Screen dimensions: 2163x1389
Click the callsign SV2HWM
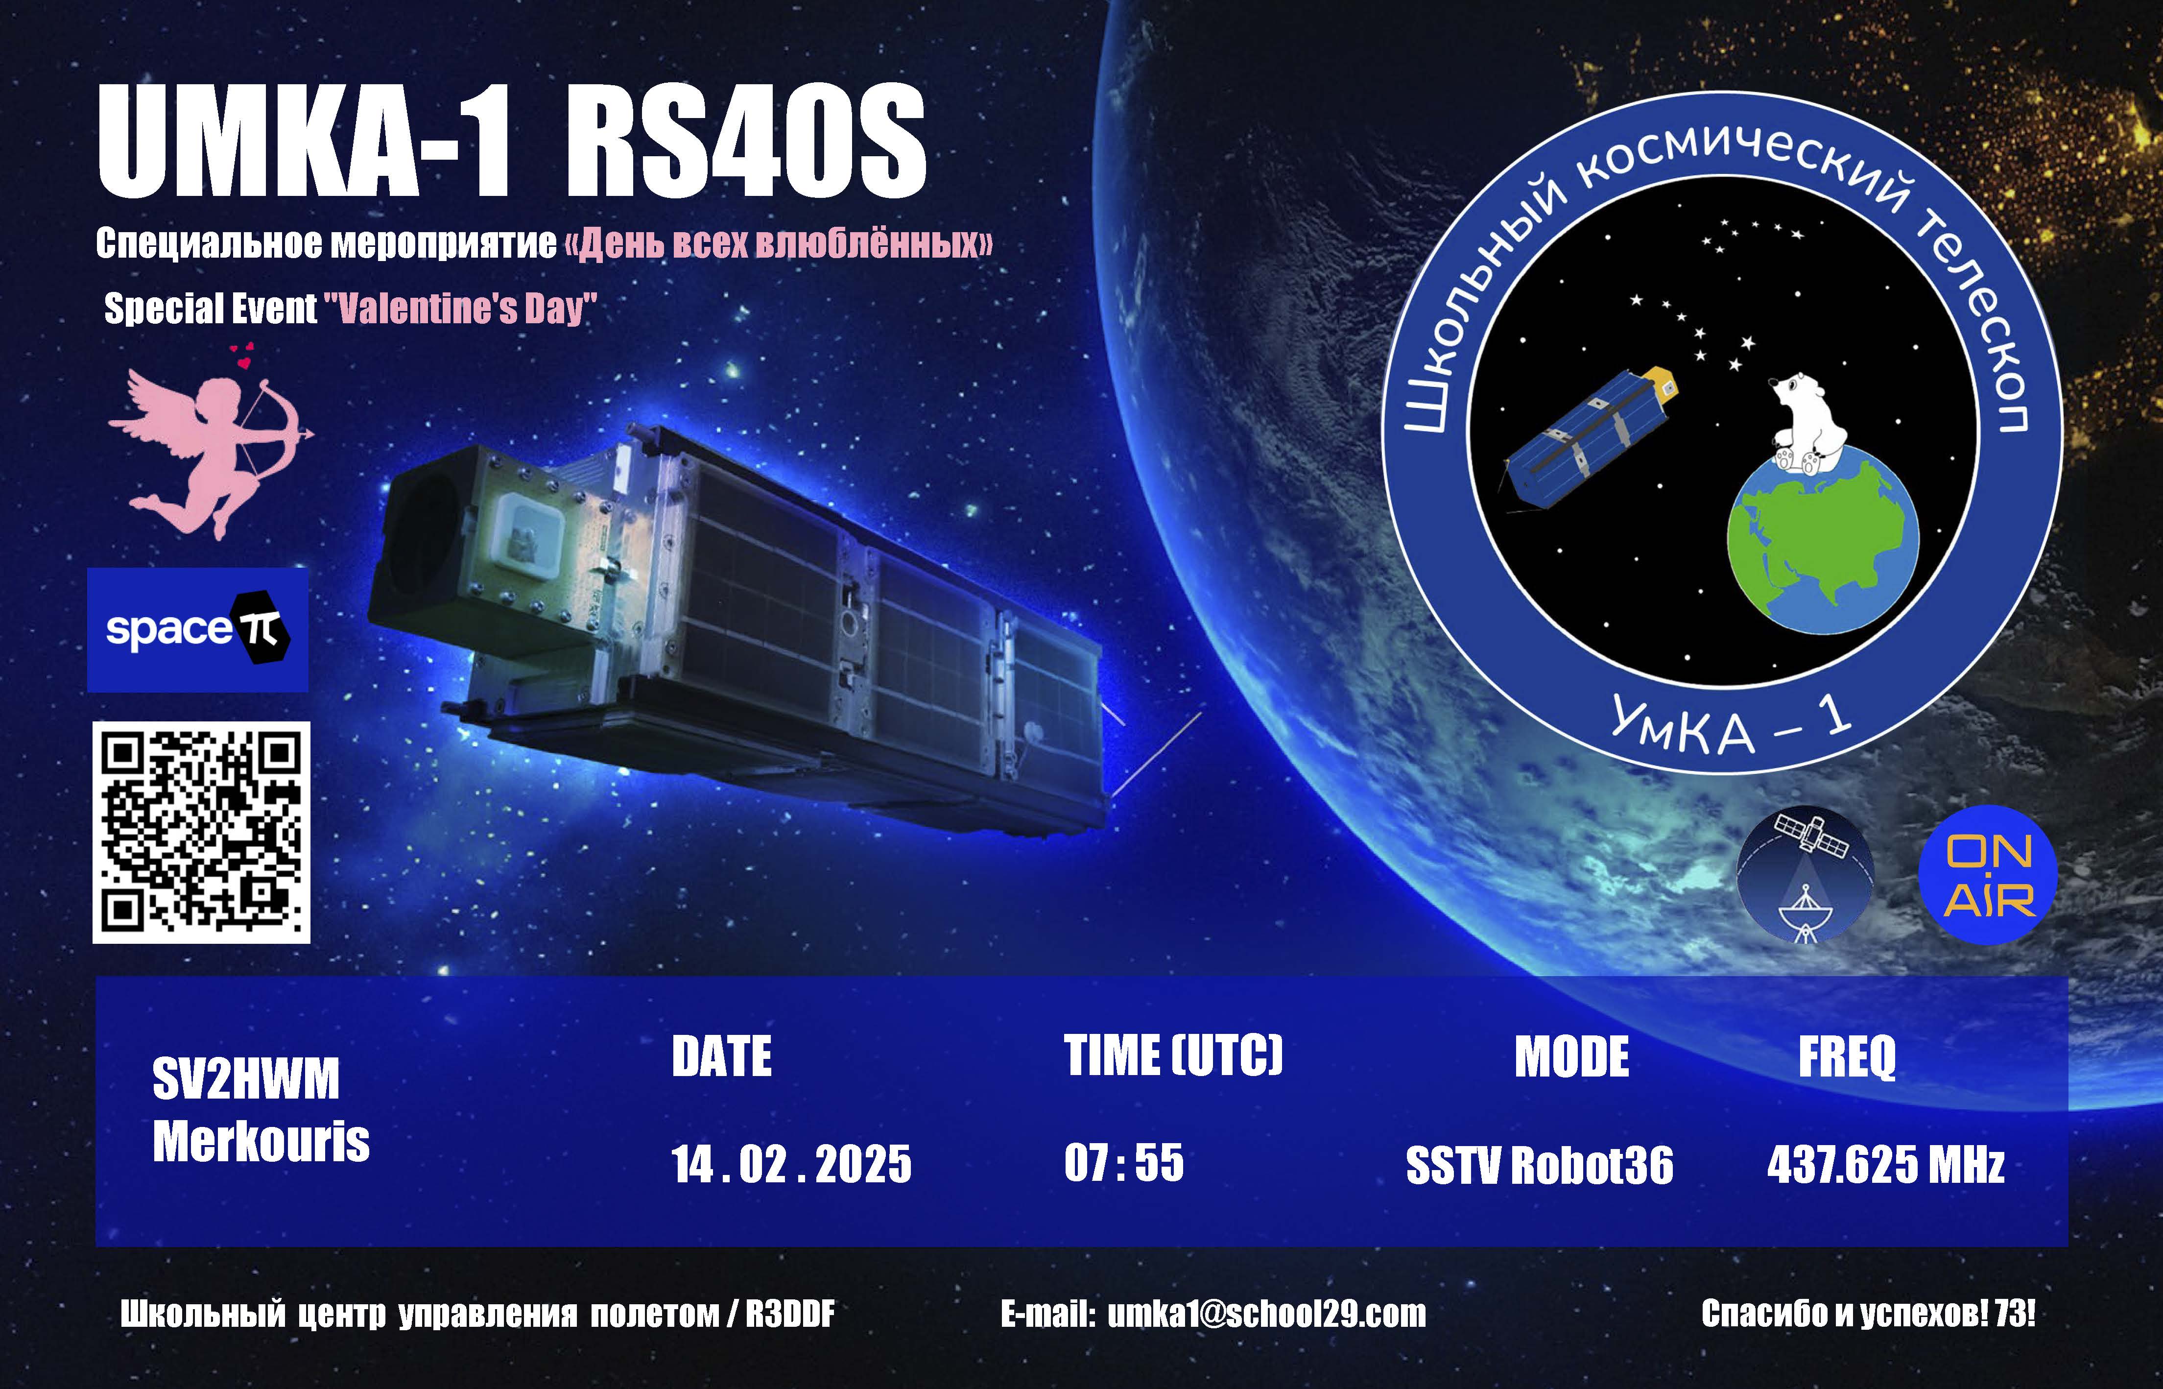pos(246,1079)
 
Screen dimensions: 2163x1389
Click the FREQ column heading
pos(1848,1057)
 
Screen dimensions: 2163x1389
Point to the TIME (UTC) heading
pos(1173,1055)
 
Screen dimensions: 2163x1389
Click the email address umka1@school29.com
pos(1267,1314)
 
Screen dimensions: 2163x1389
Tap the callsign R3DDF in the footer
pos(790,1314)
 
